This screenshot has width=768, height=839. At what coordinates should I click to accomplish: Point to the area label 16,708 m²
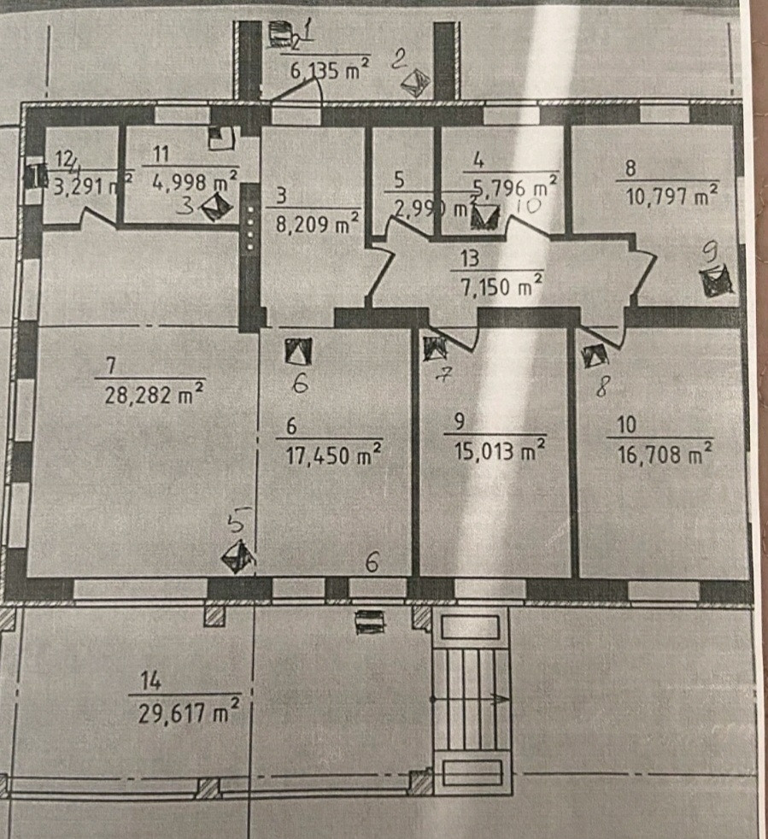tap(665, 454)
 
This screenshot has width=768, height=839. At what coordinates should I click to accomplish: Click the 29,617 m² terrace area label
tap(188, 712)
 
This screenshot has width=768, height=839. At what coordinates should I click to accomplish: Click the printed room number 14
tap(151, 681)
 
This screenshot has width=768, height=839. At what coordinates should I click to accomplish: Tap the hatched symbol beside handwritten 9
tap(714, 281)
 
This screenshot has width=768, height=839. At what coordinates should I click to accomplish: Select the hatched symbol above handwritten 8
tap(594, 355)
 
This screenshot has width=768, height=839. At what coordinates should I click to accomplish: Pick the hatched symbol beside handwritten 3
tap(217, 206)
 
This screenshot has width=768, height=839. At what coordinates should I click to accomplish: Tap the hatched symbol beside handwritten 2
tap(416, 83)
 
